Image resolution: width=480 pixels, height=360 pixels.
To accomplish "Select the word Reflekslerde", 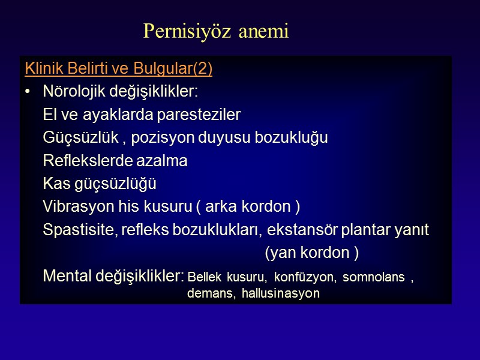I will click(x=80, y=161).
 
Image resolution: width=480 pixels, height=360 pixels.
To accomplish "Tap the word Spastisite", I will click(x=77, y=230).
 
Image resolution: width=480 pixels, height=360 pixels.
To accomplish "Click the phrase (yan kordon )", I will click(x=312, y=254).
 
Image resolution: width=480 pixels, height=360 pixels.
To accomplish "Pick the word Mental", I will click(x=67, y=277).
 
